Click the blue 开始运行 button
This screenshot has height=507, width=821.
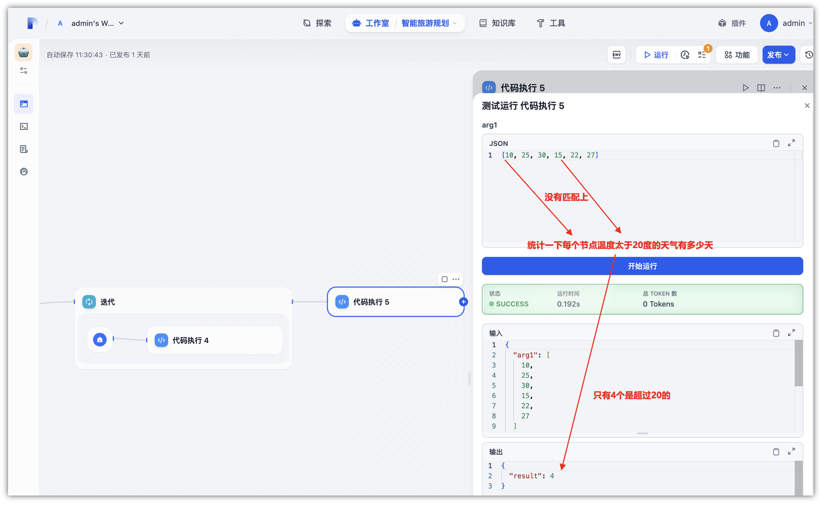(x=642, y=266)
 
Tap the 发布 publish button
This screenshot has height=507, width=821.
(x=779, y=55)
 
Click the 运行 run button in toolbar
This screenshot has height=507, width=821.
(x=656, y=55)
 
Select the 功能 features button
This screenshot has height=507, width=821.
(x=737, y=55)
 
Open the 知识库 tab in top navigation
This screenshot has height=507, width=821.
(x=498, y=23)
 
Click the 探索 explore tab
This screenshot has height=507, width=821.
(x=318, y=23)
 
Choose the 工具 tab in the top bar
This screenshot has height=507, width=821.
(x=551, y=23)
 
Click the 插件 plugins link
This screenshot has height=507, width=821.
(x=732, y=23)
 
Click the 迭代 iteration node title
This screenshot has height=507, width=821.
(x=107, y=302)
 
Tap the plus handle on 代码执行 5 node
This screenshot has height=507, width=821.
(x=464, y=302)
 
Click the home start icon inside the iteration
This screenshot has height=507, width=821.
(x=100, y=340)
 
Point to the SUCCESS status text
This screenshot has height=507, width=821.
(x=512, y=304)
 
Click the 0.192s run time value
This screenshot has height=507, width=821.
(x=568, y=304)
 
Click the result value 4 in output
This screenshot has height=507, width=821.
(x=552, y=476)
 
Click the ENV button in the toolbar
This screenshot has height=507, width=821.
(x=617, y=55)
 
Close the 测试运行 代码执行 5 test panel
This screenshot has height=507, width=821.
(x=807, y=106)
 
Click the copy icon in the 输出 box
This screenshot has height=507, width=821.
(x=776, y=452)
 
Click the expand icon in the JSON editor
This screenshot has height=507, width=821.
(x=791, y=143)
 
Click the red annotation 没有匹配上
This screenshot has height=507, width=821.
(x=566, y=197)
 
